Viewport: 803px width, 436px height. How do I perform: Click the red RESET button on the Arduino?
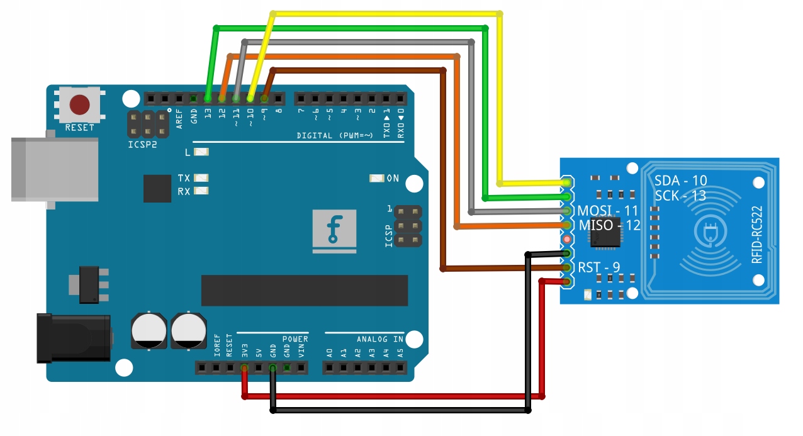79,104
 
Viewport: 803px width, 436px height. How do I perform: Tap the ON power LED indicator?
377,178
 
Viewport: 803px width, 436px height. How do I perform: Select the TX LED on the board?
201,178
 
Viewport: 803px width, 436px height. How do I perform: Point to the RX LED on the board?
201,191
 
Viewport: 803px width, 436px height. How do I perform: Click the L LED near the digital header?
201,152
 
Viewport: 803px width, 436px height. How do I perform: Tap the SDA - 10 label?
681,181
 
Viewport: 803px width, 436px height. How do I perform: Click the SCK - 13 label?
680,196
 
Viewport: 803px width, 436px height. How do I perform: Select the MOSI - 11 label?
608,210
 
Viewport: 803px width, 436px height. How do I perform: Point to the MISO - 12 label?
609,225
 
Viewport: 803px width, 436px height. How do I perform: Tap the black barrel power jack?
72,337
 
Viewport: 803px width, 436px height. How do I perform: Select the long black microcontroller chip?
304,290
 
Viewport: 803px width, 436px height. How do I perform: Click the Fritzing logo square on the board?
334,231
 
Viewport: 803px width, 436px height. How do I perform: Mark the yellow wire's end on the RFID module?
567,182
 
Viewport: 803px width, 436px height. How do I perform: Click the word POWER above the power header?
295,339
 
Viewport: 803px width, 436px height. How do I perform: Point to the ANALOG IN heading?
380,339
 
